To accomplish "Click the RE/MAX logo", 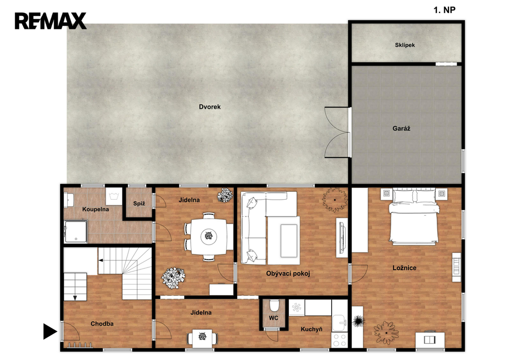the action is coord(50,21).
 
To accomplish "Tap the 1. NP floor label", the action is coord(444,10).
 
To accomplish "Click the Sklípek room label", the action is coord(404,45).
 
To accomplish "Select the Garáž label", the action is coord(401,128).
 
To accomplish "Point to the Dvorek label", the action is coord(210,107).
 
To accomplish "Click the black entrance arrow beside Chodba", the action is coord(50,332).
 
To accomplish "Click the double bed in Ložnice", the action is coord(414,216).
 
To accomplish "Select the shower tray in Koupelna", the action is coord(76,232).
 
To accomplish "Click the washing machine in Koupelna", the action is coord(114,196).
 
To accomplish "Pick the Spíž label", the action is coord(139,204).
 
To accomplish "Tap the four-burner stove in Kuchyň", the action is coord(340,340).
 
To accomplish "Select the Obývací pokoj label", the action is coord(288,273).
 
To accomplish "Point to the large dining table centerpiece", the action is coord(208,236).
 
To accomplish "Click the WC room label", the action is coord(273,318).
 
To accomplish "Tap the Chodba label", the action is coord(102,324).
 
